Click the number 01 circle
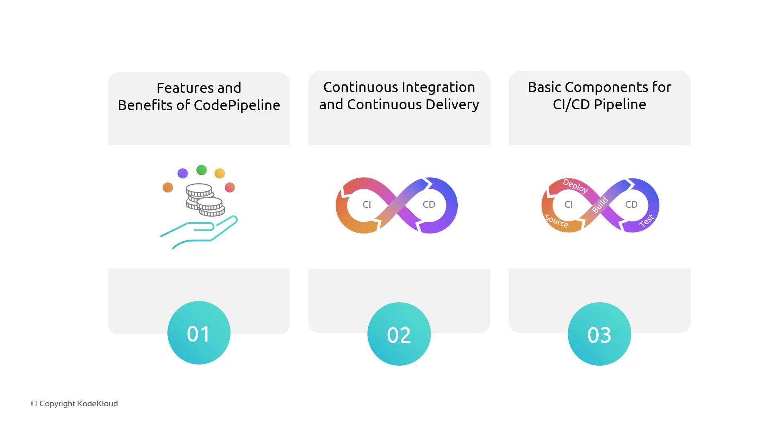point(199,333)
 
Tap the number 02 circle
point(399,334)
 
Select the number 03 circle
point(600,334)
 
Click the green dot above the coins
point(202,170)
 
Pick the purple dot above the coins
point(183,173)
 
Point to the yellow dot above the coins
point(220,173)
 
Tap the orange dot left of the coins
point(168,187)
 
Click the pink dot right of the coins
point(230,187)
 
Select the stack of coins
point(205,200)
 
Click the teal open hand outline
point(199,232)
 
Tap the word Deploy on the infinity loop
point(575,186)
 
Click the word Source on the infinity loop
point(557,221)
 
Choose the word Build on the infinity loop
point(600,205)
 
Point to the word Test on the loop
point(647,221)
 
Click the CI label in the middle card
point(367,205)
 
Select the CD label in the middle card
point(429,205)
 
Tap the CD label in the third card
point(631,205)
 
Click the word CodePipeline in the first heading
point(237,105)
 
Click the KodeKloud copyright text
point(74,403)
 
